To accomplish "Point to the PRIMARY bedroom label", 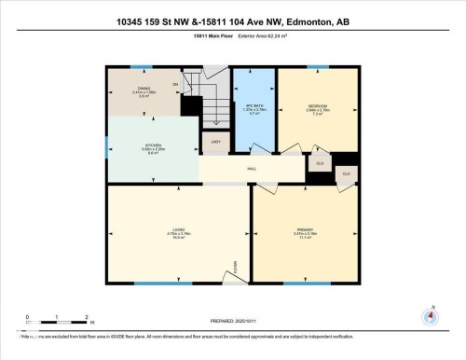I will pos(305,229).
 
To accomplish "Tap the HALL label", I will pos(252,169).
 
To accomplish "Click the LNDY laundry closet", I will pos(215,143).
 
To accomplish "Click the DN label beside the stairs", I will pos(174,85).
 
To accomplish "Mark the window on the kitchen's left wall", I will pos(106,145).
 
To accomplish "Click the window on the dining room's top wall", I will pos(141,67).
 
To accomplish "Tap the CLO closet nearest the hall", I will pos(320,163).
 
